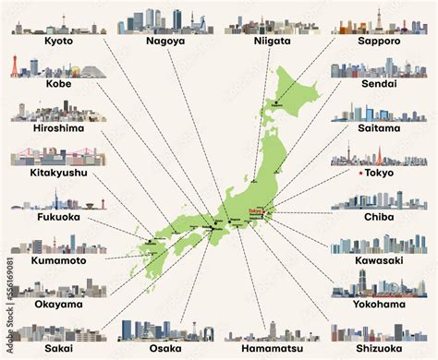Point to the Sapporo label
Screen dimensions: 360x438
pos(378,42)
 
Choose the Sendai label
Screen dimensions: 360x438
pos(378,83)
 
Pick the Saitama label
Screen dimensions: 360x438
pos(378,128)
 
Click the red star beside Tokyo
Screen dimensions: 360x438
pos(358,174)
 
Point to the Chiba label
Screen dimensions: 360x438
pos(378,217)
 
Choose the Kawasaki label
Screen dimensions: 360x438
pos(378,261)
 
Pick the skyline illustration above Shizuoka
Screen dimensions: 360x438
pos(378,332)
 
